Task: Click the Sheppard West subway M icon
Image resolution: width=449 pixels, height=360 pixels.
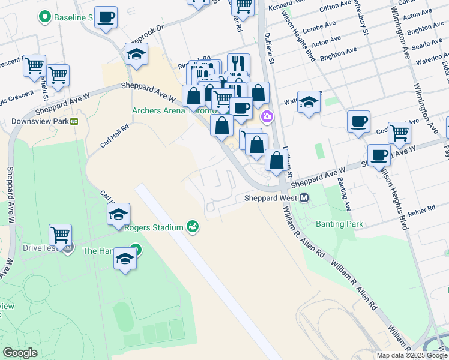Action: [x=304, y=199]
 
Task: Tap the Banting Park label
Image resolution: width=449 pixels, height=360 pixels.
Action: [x=339, y=224]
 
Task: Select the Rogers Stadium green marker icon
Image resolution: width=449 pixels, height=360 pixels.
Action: [x=193, y=226]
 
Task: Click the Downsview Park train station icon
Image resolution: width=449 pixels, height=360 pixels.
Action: [x=74, y=121]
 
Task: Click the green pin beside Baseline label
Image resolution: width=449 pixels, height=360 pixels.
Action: [x=44, y=17]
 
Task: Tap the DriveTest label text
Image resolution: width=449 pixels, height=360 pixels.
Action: [x=38, y=247]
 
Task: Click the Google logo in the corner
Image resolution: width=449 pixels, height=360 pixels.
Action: [x=20, y=353]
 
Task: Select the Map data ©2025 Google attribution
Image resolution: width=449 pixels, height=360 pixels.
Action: [x=411, y=355]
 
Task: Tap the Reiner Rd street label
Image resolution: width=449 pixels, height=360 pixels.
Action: [x=421, y=209]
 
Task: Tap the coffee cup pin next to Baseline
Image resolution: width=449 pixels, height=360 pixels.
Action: [x=106, y=18]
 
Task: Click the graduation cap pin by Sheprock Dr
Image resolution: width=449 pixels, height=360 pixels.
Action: [x=137, y=54]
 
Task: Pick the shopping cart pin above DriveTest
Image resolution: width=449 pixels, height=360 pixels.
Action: [x=60, y=235]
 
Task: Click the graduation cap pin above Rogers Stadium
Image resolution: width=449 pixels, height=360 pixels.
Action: [x=119, y=214]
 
